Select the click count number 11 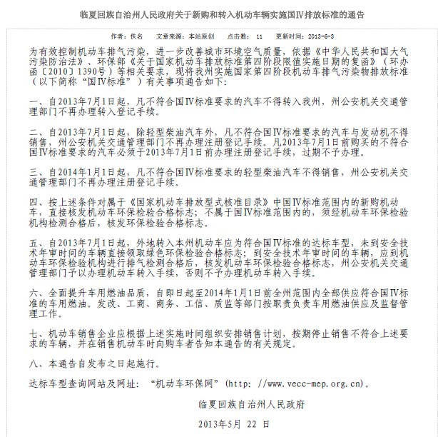(x=260, y=34)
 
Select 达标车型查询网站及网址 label (x=86, y=383)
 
